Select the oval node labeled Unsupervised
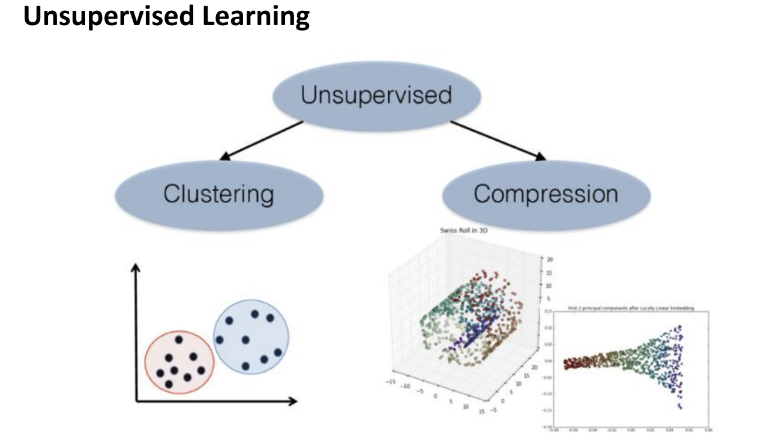(x=376, y=96)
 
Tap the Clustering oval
(x=218, y=194)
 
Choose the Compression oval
(x=546, y=194)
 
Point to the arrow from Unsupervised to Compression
(x=498, y=141)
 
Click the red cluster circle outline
(x=146, y=360)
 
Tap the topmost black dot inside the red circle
(x=179, y=340)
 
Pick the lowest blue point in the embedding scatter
(x=681, y=408)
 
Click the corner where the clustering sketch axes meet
(x=137, y=401)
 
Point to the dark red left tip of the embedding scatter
(x=565, y=363)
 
